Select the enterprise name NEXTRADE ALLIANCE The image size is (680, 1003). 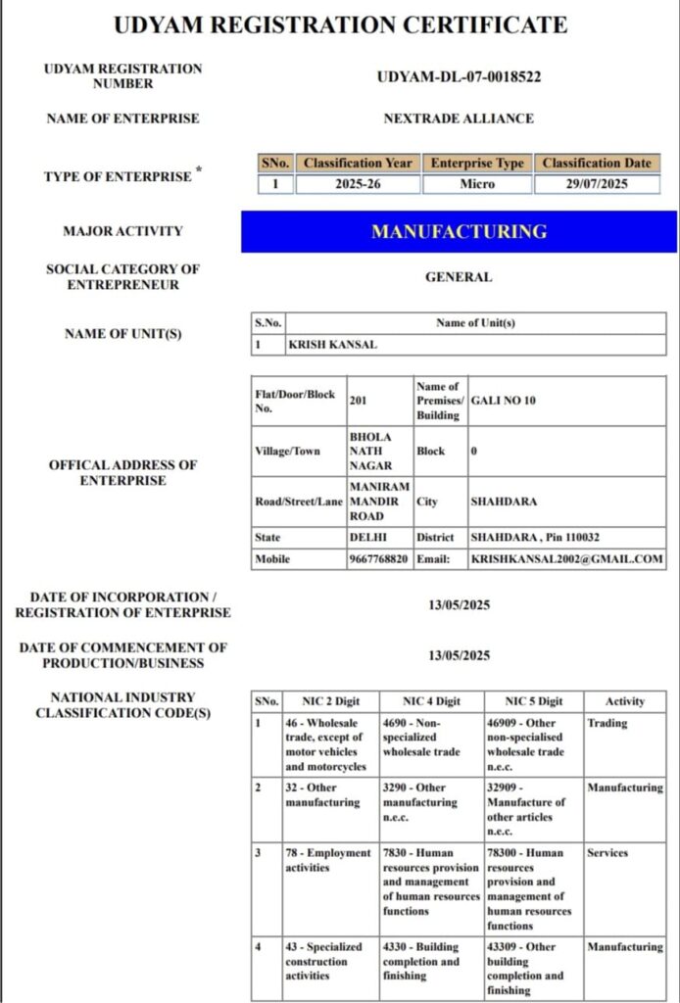click(459, 119)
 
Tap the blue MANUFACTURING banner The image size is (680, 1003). click(459, 232)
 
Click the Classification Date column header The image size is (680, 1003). click(596, 163)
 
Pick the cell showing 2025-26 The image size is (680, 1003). click(357, 183)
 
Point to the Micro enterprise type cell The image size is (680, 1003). click(476, 183)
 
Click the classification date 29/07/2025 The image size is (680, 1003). click(596, 183)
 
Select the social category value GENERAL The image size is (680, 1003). click(459, 277)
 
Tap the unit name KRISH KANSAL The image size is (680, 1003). click(318, 345)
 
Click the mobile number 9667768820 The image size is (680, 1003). click(378, 558)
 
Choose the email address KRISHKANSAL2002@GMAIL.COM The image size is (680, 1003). click(566, 558)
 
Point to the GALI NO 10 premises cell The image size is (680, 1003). click(504, 401)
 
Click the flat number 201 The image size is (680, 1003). click(359, 401)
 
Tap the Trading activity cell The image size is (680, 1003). click(607, 723)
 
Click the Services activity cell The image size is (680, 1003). click(607, 853)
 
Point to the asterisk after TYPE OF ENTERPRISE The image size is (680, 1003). click(199, 169)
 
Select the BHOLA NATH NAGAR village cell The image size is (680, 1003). click(370, 452)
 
